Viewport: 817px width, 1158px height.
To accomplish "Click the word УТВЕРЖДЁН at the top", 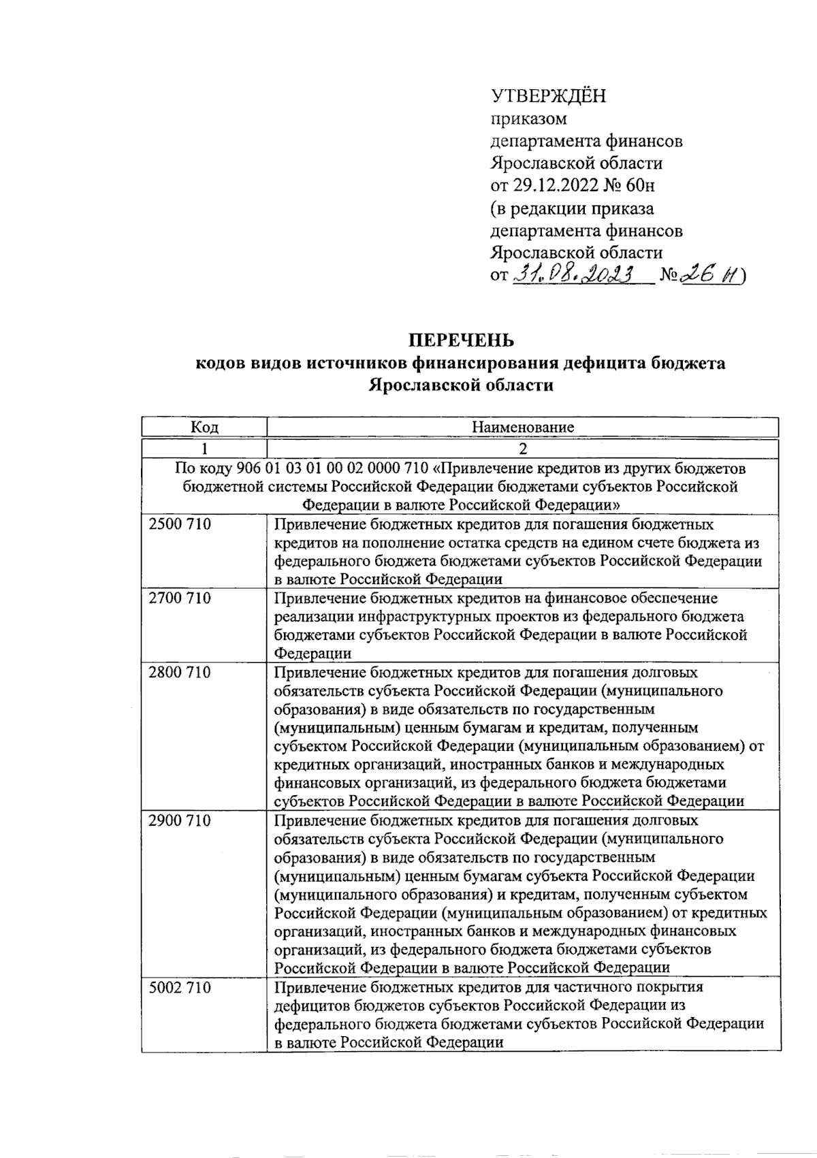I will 548,96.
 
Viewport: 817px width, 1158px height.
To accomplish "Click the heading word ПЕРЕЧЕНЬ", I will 461,340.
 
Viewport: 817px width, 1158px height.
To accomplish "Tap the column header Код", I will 204,428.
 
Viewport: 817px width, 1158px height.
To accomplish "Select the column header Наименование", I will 523,428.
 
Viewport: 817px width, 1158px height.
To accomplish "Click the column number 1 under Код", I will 204,449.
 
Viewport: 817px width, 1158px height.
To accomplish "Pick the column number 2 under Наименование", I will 523,449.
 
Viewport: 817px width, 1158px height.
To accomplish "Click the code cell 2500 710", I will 180,524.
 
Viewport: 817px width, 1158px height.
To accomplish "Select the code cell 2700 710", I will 180,598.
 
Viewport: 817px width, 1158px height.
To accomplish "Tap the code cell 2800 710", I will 180,673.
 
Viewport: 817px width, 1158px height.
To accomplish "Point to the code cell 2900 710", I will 180,821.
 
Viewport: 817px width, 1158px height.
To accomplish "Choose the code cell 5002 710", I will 180,987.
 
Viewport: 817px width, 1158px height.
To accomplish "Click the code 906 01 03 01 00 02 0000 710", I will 332,469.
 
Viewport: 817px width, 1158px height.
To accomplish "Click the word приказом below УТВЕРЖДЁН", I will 528,119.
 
